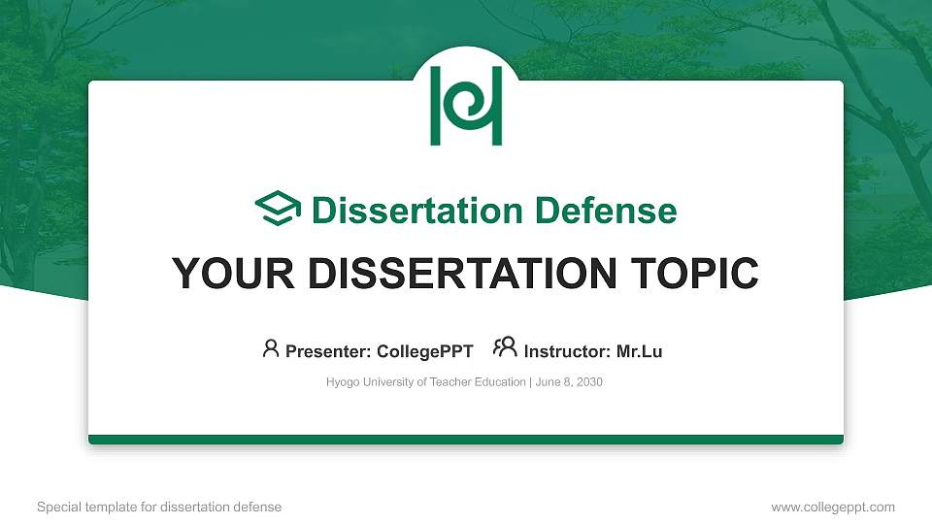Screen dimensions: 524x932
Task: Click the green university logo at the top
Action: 466,106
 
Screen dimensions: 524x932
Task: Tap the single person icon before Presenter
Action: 271,348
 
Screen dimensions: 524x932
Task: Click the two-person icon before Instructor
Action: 505,348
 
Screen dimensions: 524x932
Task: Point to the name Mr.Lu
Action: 639,351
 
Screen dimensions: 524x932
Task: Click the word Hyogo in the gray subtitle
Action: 341,382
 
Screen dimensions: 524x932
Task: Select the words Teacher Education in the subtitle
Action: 481,382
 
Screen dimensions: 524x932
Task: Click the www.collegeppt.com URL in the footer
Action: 833,507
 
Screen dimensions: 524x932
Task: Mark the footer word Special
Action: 56,507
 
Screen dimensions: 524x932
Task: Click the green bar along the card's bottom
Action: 466,440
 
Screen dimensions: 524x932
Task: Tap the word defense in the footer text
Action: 259,507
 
